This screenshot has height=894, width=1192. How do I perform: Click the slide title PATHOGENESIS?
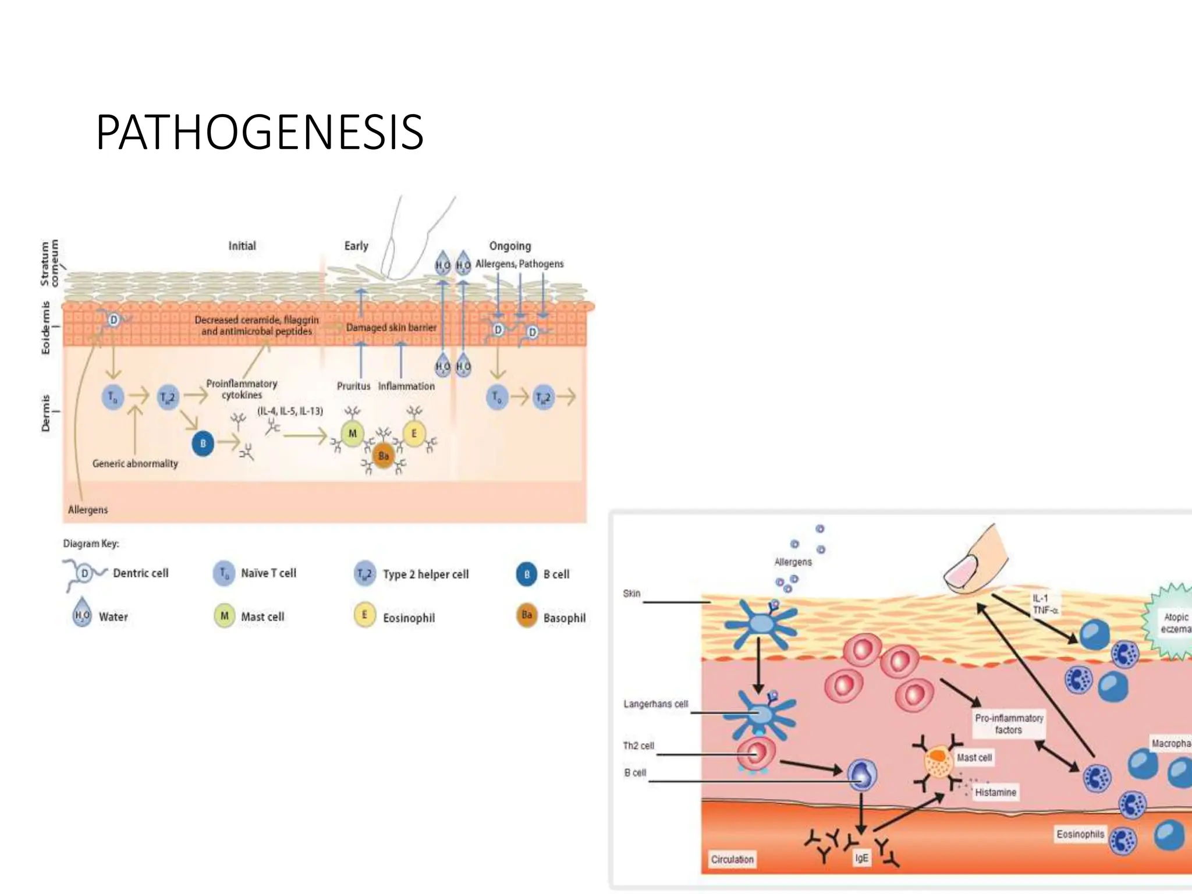260,133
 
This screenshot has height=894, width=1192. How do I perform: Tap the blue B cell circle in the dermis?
203,444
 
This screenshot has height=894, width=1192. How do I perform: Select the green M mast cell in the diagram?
352,434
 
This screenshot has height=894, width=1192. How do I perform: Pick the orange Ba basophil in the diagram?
384,456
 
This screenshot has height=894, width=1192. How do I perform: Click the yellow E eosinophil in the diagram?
414,434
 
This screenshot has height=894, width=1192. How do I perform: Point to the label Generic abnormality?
135,463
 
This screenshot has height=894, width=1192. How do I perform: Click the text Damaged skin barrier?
391,328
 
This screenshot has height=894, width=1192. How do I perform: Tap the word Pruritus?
353,386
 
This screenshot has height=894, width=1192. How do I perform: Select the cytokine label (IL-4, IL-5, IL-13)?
290,411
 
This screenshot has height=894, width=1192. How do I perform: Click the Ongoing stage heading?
510,246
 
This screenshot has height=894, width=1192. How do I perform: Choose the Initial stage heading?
242,246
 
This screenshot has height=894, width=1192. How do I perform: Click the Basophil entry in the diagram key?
564,618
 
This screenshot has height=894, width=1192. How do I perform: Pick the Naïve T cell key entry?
268,573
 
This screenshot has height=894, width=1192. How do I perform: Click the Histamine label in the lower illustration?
995,792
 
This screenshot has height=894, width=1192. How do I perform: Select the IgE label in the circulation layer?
861,858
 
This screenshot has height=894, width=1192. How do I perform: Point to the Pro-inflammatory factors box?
1009,723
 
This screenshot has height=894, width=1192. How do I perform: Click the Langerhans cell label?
655,704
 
